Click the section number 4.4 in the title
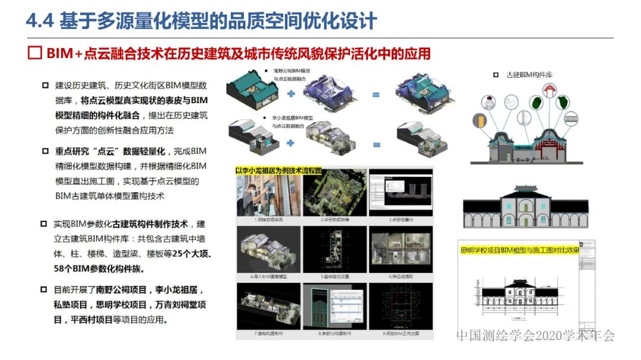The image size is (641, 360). [40, 21]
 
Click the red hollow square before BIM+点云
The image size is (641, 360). [35, 53]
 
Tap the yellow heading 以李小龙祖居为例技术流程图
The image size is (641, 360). [279, 170]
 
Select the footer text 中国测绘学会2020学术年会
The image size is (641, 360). [535, 336]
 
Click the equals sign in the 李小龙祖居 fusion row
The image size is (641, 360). [376, 144]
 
